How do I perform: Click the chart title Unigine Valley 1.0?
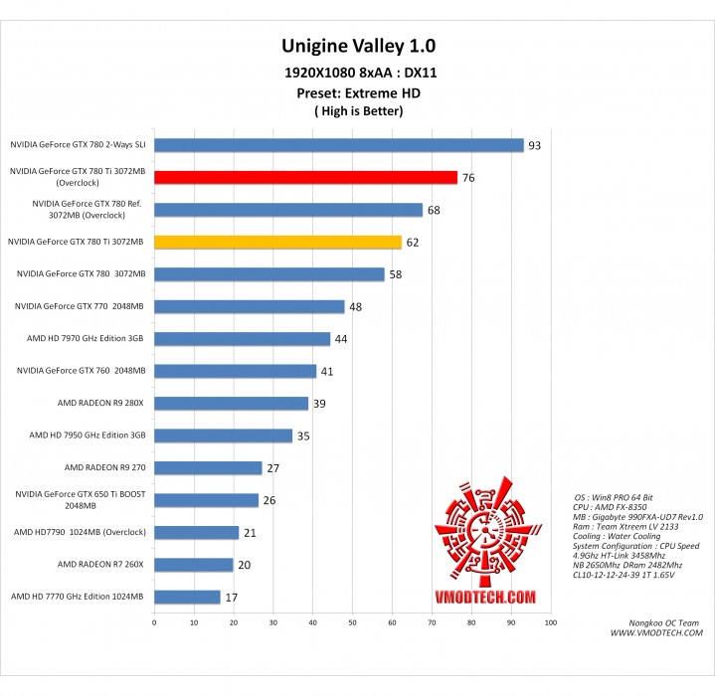(358, 46)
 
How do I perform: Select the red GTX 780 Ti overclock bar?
(305, 177)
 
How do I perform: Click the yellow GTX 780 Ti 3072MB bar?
(277, 242)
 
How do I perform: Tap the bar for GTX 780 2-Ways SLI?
(338, 145)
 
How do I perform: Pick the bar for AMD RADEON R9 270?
(208, 467)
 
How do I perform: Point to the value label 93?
(534, 146)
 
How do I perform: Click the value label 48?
(355, 306)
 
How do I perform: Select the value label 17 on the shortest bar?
(232, 598)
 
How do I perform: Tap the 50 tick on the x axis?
(352, 622)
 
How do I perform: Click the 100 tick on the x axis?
(550, 622)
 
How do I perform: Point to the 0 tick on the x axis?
(154, 622)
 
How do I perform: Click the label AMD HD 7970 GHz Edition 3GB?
(87, 338)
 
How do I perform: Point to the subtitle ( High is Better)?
(358, 110)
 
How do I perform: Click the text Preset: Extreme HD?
(358, 92)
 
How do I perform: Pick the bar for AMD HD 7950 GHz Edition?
(223, 435)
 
